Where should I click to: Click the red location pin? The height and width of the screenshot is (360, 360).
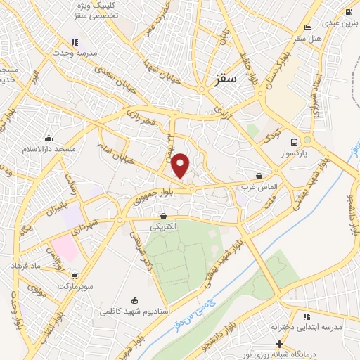coord(181,165)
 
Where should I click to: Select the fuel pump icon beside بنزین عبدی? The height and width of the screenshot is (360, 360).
coord(349,12)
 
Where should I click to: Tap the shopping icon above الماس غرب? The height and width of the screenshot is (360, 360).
coord(260,176)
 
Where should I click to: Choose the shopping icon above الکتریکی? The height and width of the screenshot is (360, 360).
coord(164,216)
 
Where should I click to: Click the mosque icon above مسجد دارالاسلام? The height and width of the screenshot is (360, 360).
coord(49,139)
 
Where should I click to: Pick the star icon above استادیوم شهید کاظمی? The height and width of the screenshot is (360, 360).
coord(136,300)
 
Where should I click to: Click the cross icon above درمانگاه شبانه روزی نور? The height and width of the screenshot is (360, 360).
coord(280,344)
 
